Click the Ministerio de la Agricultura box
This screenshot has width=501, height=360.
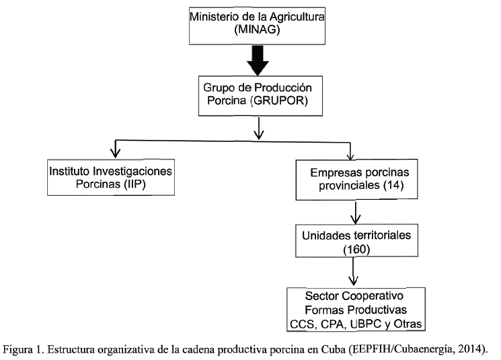(256, 23)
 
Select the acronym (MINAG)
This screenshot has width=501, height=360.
(256, 30)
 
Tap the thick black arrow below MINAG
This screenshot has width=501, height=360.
(257, 65)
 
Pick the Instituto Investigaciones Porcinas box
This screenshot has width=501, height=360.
(111, 177)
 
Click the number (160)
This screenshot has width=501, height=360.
(354, 249)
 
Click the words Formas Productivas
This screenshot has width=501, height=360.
(356, 310)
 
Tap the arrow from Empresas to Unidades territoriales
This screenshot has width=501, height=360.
(354, 215)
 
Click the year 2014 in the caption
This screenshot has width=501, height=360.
(470, 349)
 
